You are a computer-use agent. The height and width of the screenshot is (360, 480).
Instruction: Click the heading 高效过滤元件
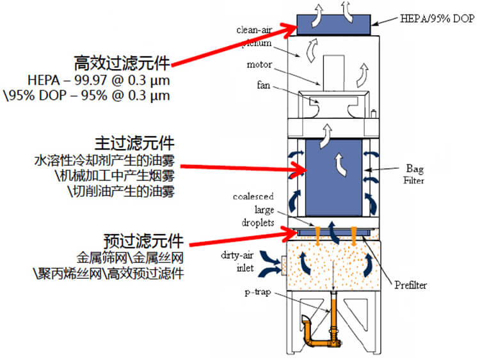pos(122,63)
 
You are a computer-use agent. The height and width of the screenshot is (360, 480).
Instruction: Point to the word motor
pos(260,65)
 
